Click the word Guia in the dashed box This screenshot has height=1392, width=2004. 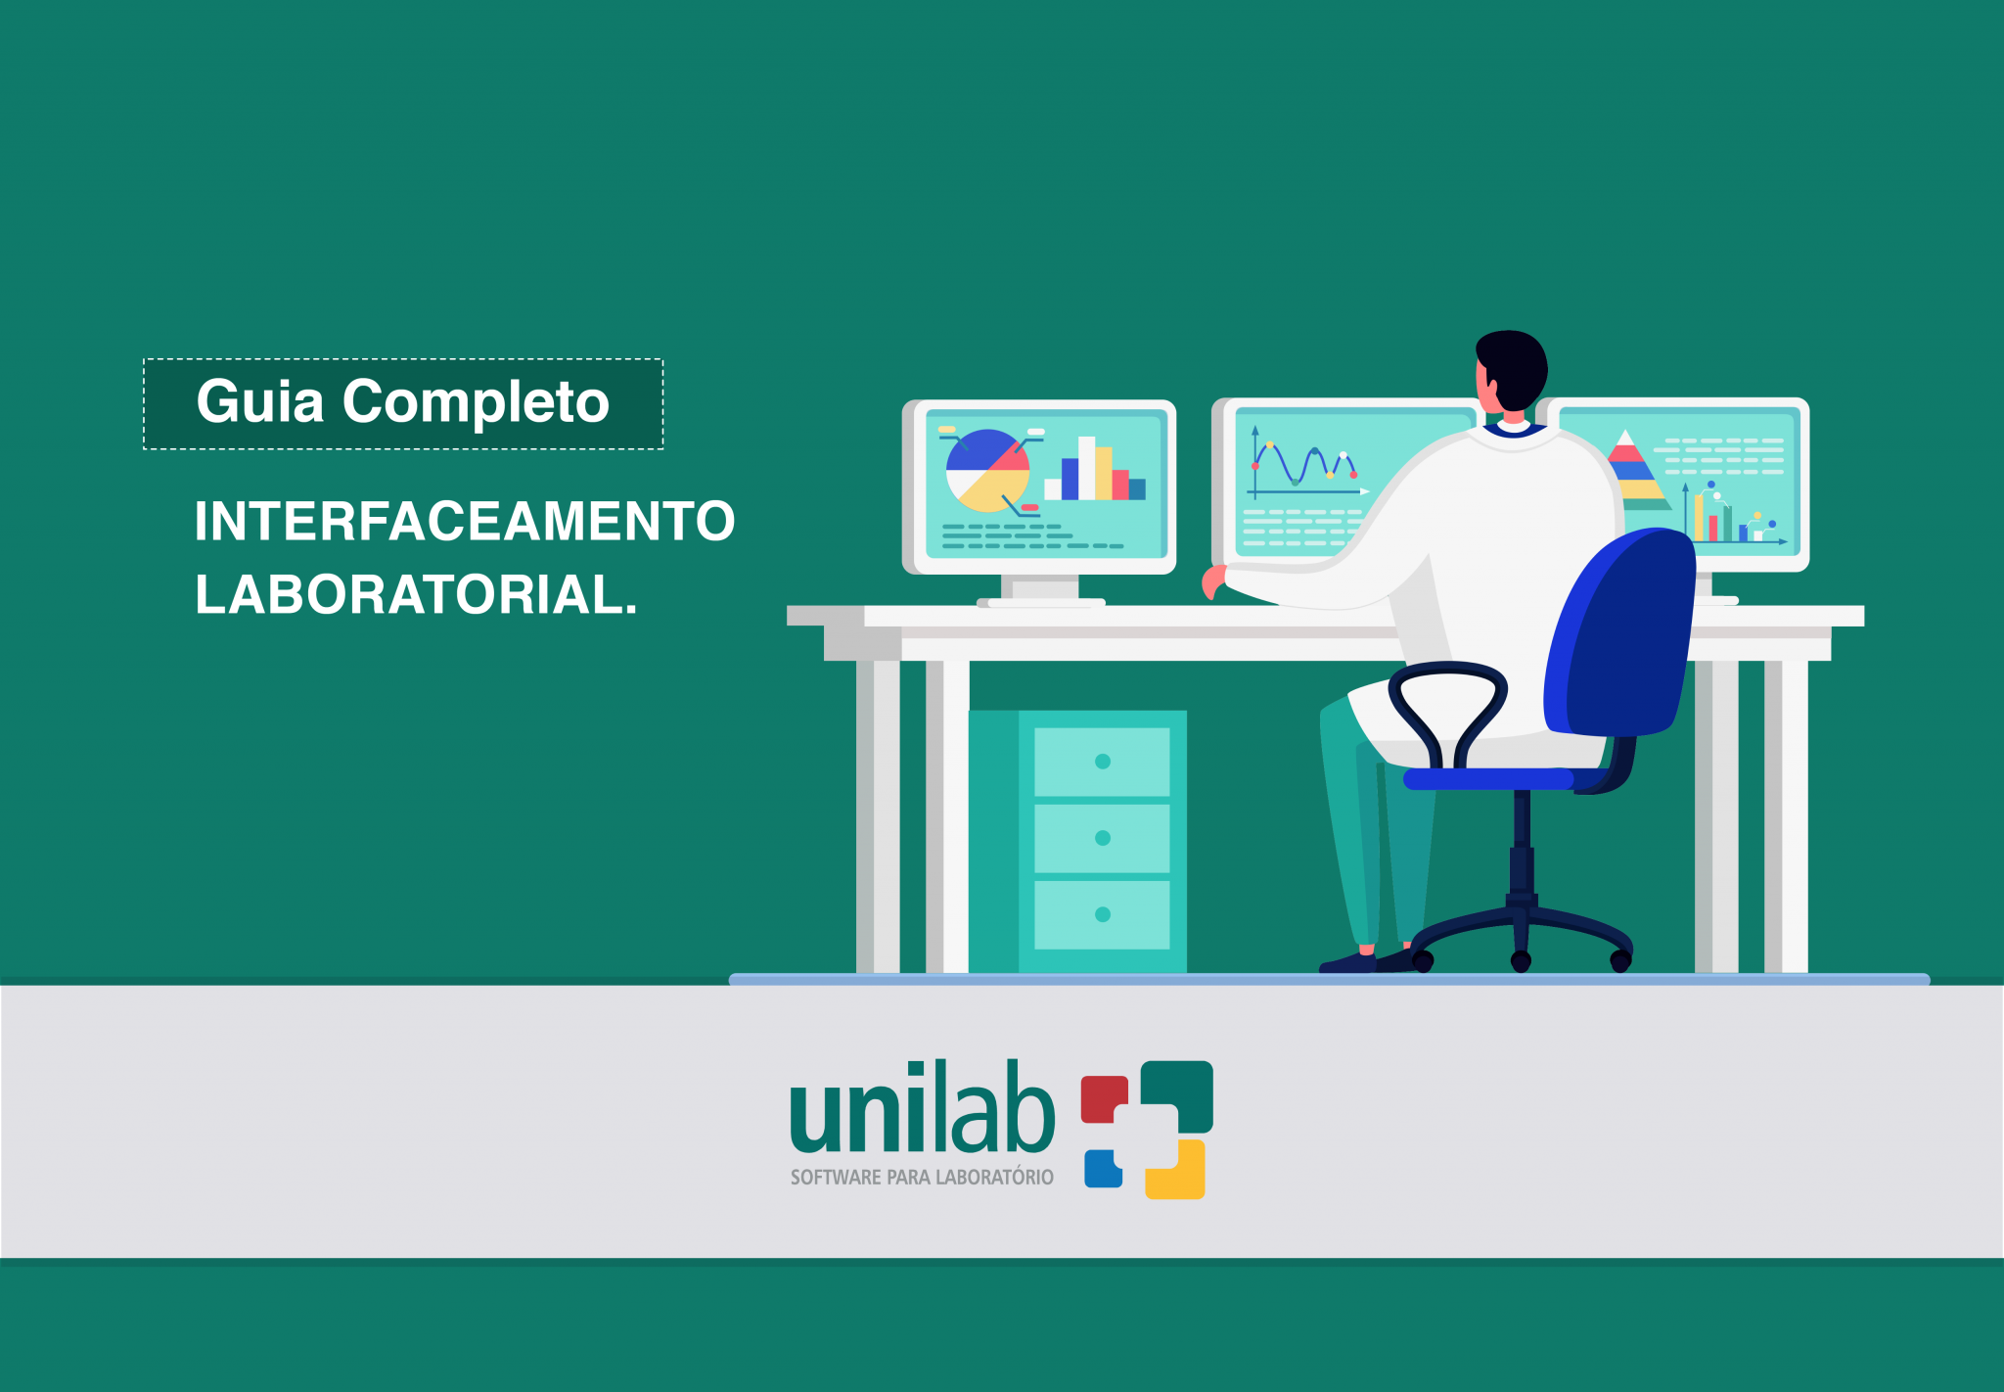point(259,402)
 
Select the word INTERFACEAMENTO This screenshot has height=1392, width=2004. point(465,521)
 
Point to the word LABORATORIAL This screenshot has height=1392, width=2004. point(416,594)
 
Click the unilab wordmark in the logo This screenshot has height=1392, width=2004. point(922,1110)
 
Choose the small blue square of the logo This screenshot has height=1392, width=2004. point(1102,1169)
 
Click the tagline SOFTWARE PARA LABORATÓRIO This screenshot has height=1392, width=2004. point(922,1178)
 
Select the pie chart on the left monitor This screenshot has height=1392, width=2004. point(987,471)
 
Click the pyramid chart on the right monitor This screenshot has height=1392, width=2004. point(1629,471)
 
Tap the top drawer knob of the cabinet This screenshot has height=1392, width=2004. point(1103,762)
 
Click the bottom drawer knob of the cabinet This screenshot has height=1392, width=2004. point(1103,914)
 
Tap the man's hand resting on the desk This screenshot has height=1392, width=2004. point(1212,580)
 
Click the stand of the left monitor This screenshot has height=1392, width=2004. point(1044,589)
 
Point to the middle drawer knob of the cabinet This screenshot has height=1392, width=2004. point(1103,838)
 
